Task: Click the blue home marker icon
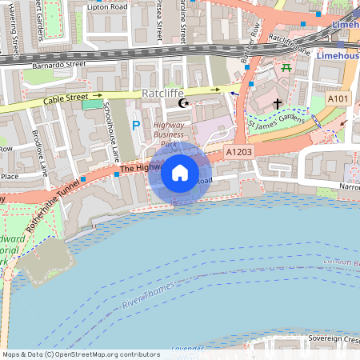pos(180,173)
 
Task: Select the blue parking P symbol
pos(136,125)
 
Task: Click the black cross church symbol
pos(278,103)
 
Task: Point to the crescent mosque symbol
pos(185,103)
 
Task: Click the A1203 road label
pos(239,151)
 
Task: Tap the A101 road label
pos(338,98)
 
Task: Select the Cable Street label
pos(66,98)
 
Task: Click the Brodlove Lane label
pos(41,152)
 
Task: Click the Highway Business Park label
pos(168,134)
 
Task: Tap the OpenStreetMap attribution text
pos(81,354)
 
